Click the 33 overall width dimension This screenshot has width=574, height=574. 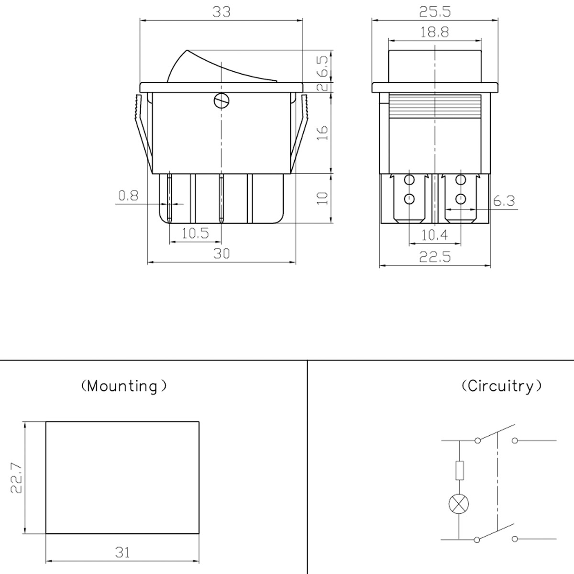pos(221,11)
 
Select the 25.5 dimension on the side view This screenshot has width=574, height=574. pos(435,11)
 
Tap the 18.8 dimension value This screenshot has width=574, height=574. pos(435,33)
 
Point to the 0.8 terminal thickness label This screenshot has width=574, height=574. pos(128,195)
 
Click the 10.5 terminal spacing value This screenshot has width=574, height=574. pos(195,233)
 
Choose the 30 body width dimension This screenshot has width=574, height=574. pos(221,254)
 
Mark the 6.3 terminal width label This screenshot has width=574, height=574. pos(504,201)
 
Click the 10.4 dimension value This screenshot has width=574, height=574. pos(434,235)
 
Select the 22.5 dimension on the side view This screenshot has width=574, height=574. pos(435,257)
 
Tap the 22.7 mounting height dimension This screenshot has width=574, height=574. pos(16,477)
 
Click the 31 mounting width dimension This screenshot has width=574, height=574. pos(122,553)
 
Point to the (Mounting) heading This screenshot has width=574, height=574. pos(124,386)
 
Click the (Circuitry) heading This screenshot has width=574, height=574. pos(502,386)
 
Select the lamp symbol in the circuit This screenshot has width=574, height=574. pos(459,503)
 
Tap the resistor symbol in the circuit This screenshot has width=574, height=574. pos(459,471)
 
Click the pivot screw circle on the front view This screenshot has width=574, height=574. pos(221,100)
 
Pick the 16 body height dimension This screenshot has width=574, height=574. pos(323,132)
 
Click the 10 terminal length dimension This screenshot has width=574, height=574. pos(323,198)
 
